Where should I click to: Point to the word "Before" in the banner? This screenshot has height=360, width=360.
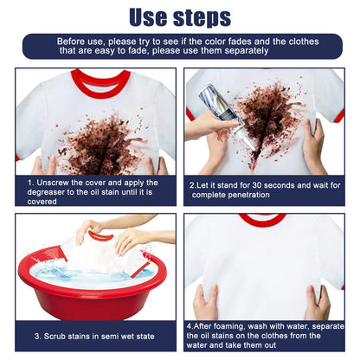[x=74, y=41]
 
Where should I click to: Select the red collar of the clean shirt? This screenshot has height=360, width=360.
[x=263, y=221]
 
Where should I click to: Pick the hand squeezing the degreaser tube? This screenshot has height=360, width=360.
[x=206, y=125]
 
